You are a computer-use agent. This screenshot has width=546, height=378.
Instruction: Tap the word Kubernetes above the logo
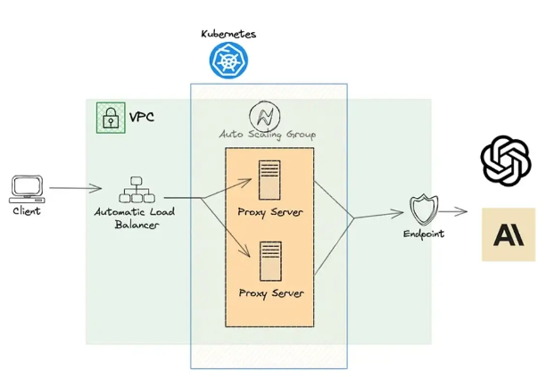(228, 33)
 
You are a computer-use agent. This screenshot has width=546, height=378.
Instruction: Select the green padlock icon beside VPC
(110, 118)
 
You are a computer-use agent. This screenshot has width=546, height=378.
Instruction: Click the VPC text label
(141, 118)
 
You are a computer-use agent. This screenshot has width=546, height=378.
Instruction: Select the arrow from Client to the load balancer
(76, 188)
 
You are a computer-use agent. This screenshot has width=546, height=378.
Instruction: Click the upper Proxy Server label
(270, 213)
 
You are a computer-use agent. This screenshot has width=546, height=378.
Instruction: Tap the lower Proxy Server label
(270, 292)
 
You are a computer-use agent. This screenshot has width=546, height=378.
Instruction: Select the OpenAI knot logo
(506, 160)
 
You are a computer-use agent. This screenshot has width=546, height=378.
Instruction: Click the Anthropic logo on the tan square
(509, 234)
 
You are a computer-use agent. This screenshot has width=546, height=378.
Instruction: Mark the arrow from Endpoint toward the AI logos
(452, 212)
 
